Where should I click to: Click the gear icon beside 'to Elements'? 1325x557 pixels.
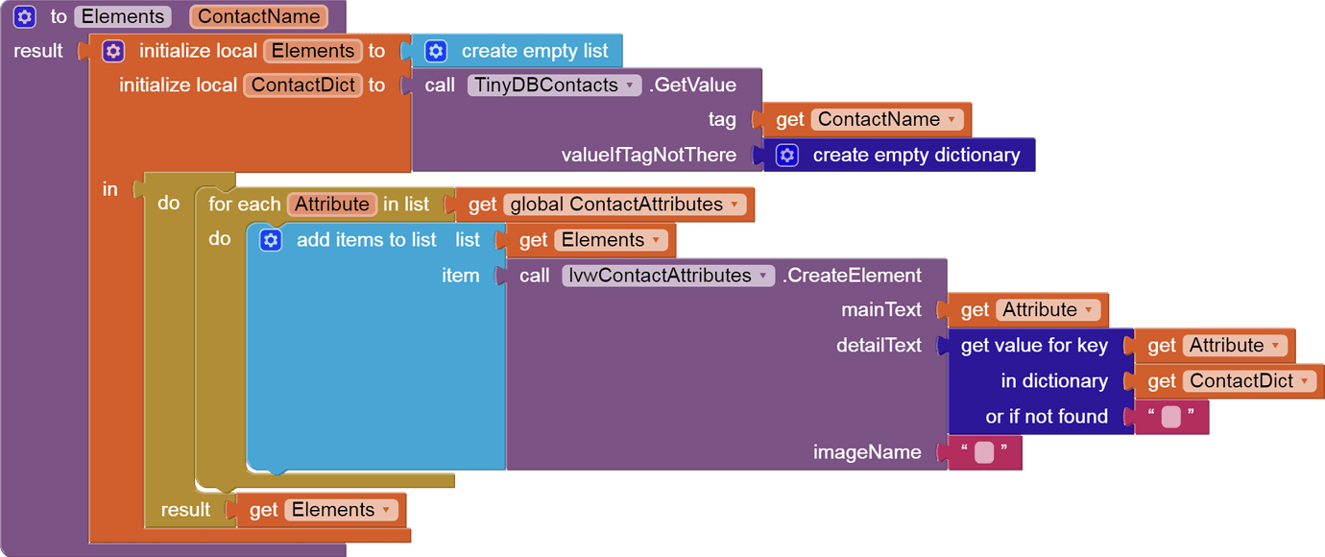tap(25, 16)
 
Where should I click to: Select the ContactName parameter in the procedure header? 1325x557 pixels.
tap(258, 16)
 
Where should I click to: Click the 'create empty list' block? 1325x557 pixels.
tap(534, 51)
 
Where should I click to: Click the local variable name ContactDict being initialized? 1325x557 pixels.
tap(303, 85)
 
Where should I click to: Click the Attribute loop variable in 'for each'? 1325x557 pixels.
tap(331, 205)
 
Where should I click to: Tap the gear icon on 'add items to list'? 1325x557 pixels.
tap(271, 240)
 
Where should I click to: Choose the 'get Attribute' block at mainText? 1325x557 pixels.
tap(974, 310)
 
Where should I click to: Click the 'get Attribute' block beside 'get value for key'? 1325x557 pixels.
tap(1161, 346)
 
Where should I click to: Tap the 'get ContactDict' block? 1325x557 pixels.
tap(1161, 381)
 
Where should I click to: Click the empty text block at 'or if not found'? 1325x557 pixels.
tap(1171, 417)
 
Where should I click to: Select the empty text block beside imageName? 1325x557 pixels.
tap(984, 452)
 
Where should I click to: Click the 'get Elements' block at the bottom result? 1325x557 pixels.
tap(263, 510)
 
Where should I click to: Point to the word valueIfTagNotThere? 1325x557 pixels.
tap(648, 156)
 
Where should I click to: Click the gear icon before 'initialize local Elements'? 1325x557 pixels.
tap(113, 51)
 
